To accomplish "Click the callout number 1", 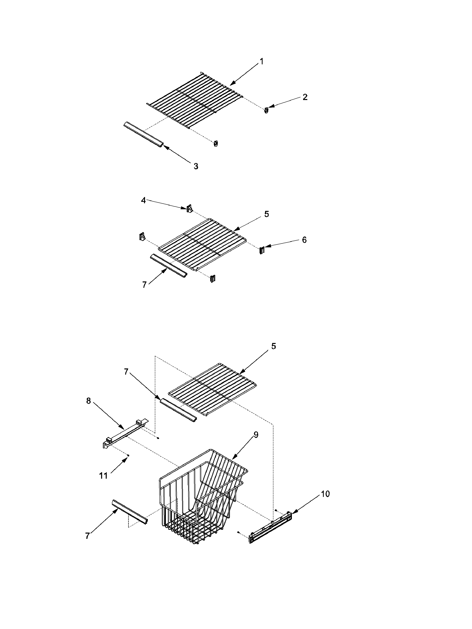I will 261,61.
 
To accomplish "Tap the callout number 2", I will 305,97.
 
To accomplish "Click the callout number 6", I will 304,240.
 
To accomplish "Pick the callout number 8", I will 88,401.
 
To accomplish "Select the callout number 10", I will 325,494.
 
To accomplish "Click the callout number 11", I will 103,476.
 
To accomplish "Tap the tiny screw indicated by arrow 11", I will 128,455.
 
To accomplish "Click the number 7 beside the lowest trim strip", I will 87,536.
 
